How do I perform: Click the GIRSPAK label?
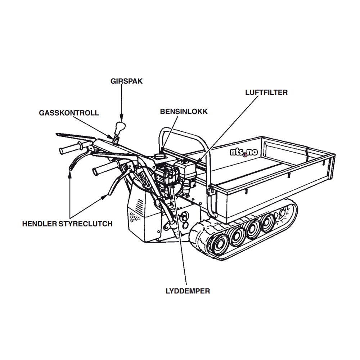[x=126, y=81]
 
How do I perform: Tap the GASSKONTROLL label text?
[x=69, y=113]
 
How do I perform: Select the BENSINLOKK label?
[x=184, y=112]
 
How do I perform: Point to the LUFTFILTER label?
[x=266, y=93]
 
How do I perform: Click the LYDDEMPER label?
[x=188, y=291]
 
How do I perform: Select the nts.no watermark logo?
[x=244, y=152]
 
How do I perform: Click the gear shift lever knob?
[x=120, y=127]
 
